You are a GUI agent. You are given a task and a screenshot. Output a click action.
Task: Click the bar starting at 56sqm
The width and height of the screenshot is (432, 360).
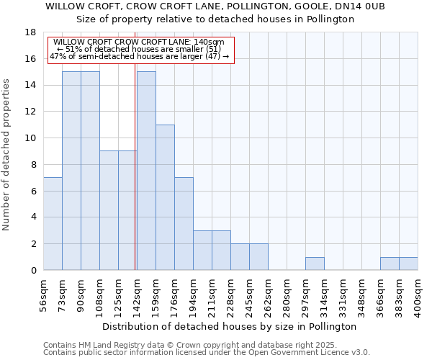point(53,224)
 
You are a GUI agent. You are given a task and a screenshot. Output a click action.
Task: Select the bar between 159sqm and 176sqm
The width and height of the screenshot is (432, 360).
point(165,197)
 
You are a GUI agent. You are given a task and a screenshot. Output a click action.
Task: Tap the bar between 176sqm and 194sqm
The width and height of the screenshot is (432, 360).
point(184,224)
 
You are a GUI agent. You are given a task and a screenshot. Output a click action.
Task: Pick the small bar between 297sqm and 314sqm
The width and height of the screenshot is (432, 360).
point(315,264)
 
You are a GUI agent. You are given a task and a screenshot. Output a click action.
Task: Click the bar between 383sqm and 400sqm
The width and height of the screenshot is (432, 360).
point(408,264)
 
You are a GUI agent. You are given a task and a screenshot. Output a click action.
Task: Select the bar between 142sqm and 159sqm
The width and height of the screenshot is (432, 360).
point(146,171)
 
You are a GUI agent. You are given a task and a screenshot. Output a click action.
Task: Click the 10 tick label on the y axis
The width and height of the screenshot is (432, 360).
point(32,138)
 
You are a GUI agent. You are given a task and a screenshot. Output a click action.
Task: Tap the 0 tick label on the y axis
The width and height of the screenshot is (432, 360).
point(34,271)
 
